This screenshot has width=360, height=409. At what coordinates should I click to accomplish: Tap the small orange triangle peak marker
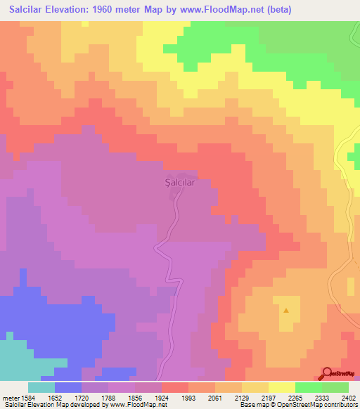286,310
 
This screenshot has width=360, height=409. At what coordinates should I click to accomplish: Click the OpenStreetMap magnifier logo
328,372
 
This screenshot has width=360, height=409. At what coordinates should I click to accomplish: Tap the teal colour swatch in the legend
41,387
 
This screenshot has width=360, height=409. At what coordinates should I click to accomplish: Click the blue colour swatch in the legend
68,387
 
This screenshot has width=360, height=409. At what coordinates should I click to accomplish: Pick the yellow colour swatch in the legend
282,387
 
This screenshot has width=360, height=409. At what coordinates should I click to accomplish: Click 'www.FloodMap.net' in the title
217,10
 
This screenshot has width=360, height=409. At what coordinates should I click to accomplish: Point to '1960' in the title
117,10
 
